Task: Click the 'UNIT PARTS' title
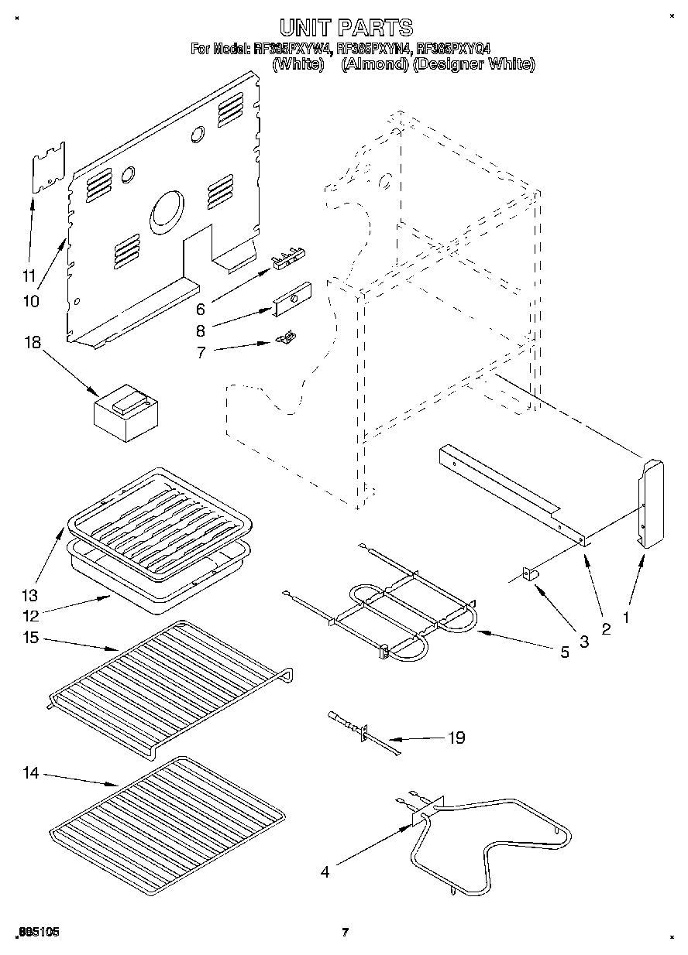(346, 29)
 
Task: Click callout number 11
(29, 275)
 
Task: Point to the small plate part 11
(48, 166)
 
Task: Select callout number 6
(200, 310)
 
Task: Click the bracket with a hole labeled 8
(291, 298)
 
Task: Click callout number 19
(456, 738)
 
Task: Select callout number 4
(325, 871)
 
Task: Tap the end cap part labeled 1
(652, 503)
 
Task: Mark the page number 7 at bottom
(346, 932)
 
